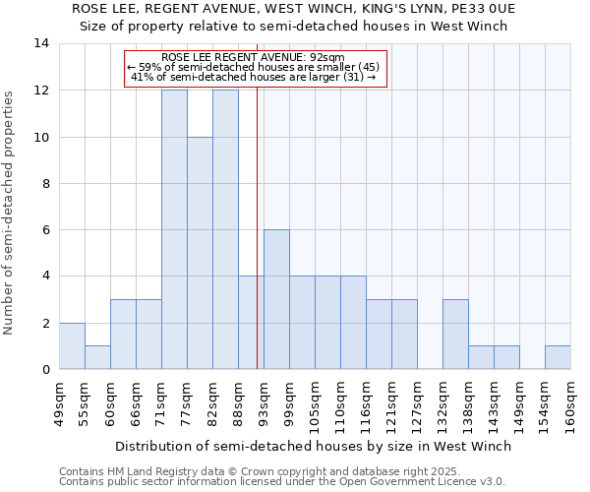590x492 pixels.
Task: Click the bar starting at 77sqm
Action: [x=200, y=253]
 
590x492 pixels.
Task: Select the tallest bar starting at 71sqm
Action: [x=174, y=229]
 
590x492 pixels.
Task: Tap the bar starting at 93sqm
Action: [x=276, y=299]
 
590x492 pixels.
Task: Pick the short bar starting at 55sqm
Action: [x=97, y=357]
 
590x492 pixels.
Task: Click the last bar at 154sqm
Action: [x=558, y=357]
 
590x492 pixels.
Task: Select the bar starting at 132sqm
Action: [x=455, y=334]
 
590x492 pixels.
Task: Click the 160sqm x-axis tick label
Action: [x=570, y=405]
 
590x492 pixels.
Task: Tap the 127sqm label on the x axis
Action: [x=417, y=405]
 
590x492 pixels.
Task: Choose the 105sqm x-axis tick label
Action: [x=315, y=405]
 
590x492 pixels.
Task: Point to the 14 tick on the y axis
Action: [x=41, y=43]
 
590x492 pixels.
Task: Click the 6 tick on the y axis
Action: [x=45, y=230]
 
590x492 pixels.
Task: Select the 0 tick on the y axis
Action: [x=45, y=370]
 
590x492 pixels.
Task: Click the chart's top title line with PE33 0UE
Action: [x=294, y=8]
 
